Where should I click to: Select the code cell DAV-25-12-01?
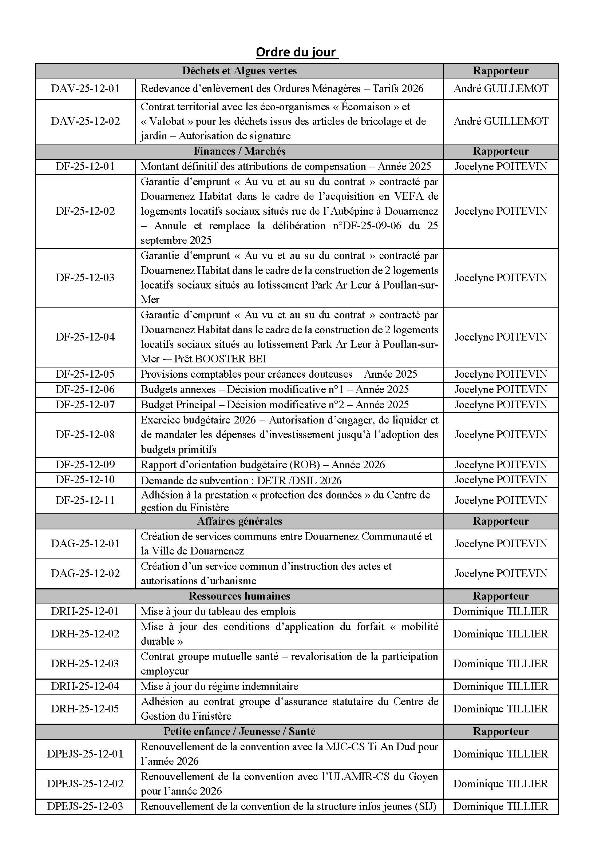point(85,88)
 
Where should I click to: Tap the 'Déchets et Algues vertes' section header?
point(239,71)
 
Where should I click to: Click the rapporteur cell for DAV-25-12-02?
point(501,121)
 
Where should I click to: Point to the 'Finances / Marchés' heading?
point(239,151)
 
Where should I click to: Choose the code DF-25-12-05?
point(85,374)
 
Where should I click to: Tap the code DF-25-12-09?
point(85,464)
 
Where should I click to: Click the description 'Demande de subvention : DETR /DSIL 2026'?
point(241,481)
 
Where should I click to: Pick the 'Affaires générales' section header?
point(239,521)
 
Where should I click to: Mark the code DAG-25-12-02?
point(85,573)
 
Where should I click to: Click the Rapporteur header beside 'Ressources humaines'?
point(501,596)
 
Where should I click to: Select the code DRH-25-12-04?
point(85,686)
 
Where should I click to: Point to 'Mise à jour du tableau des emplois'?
point(218,611)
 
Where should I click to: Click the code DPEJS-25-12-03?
point(85,806)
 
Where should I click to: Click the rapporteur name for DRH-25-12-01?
point(501,611)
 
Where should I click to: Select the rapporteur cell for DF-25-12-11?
point(501,500)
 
